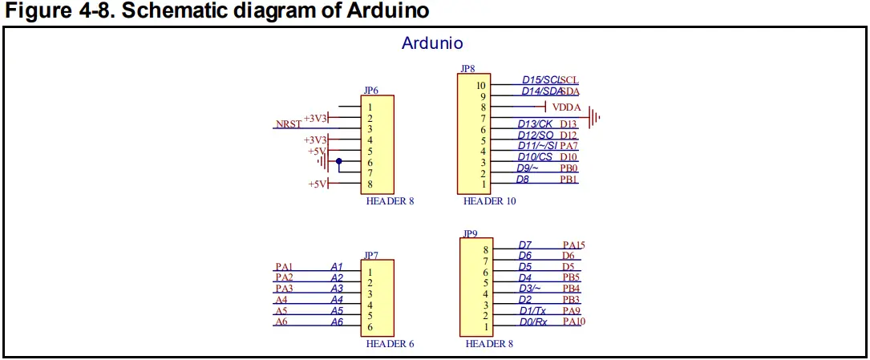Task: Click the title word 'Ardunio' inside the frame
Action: coord(431,43)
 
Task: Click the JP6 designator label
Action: coord(371,90)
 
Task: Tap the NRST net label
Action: coord(289,123)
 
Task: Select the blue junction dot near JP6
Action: coord(339,161)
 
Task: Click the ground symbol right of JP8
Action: coord(595,118)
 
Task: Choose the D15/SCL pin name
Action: coord(541,80)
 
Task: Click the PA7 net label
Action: coord(569,145)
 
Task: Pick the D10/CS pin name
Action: coord(535,156)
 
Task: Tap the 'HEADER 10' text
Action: coord(489,200)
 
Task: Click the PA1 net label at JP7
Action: coord(284,267)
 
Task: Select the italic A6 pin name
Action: coord(337,322)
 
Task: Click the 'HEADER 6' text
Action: coord(390,343)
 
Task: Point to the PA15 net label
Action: coord(573,245)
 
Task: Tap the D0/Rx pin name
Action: coord(533,322)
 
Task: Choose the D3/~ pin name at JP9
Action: coord(529,289)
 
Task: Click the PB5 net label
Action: coord(572,277)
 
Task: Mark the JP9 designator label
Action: coord(470,233)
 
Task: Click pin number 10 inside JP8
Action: coord(480,86)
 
